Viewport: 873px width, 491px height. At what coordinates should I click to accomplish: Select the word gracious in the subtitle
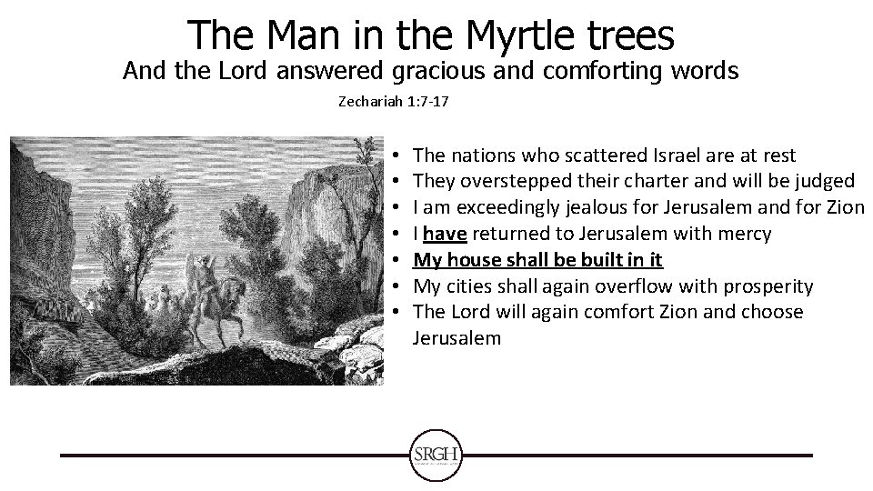pos(436,72)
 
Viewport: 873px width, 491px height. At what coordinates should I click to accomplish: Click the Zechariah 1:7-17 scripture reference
pos(393,104)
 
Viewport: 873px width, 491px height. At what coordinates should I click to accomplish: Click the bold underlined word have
pos(446,234)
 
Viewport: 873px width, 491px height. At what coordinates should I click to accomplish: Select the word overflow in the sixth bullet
pos(648,286)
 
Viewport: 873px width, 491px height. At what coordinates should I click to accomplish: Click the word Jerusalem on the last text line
pos(456,338)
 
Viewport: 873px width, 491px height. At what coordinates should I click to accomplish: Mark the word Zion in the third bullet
pos(845,208)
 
